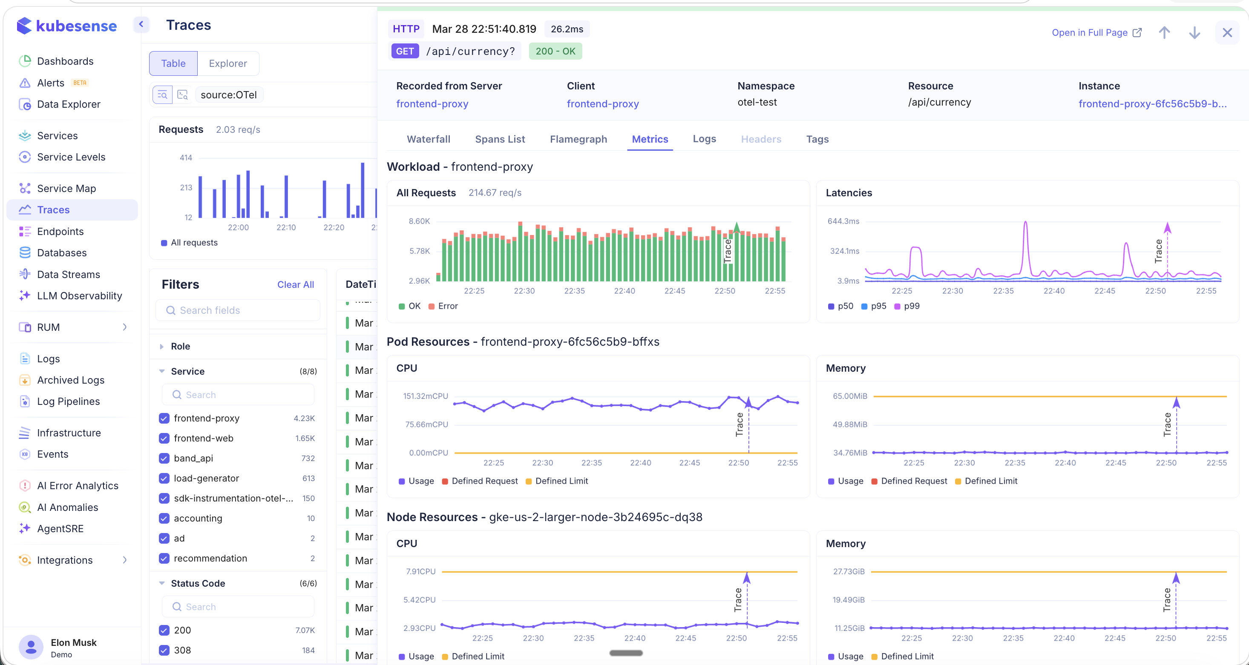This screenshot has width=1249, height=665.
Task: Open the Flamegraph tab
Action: point(578,139)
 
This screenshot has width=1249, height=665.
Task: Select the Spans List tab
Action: point(499,139)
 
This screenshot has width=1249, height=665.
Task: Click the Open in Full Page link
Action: point(1096,32)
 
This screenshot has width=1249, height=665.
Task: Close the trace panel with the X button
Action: point(1227,32)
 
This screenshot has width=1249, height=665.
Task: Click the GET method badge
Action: point(404,52)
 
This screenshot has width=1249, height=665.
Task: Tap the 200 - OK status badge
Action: point(555,52)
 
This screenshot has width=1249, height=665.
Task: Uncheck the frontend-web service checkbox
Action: point(164,438)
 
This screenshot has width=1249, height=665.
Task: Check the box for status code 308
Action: point(164,650)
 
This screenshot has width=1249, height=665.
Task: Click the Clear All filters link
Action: point(295,284)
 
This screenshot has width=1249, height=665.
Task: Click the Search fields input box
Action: point(238,310)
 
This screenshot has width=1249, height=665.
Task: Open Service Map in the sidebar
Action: point(66,189)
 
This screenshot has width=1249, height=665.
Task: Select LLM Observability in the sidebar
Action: point(80,295)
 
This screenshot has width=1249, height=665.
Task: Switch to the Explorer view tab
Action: point(228,63)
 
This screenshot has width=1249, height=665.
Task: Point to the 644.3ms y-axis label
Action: point(843,221)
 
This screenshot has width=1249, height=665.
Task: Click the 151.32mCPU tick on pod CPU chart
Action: point(425,396)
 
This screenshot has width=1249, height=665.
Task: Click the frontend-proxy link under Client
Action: point(603,104)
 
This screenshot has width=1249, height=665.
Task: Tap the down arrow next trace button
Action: point(1194,32)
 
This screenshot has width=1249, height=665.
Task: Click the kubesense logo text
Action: point(76,26)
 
